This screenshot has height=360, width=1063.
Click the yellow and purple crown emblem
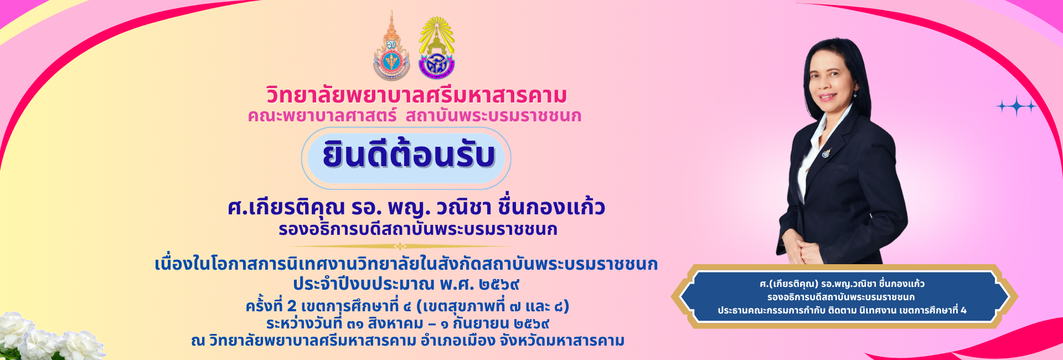click(437, 48)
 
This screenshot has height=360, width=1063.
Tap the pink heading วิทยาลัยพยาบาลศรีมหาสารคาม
click(417, 95)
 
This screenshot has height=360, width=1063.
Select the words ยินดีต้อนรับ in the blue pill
click(409, 155)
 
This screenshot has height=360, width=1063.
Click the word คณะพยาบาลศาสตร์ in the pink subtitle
click(322, 116)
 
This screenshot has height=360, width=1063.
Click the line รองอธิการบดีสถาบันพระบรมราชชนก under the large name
click(418, 229)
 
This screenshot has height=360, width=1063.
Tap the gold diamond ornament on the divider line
click(400, 246)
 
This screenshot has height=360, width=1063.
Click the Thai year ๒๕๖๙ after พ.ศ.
click(499, 285)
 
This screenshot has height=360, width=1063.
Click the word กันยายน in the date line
click(481, 323)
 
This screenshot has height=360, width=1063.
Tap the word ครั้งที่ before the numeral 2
click(264, 306)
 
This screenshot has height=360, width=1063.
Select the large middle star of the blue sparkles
click(1016, 106)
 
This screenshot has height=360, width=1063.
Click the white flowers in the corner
click(50, 337)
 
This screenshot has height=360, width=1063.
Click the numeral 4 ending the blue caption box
click(964, 310)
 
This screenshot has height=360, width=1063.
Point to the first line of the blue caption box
click(842, 284)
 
